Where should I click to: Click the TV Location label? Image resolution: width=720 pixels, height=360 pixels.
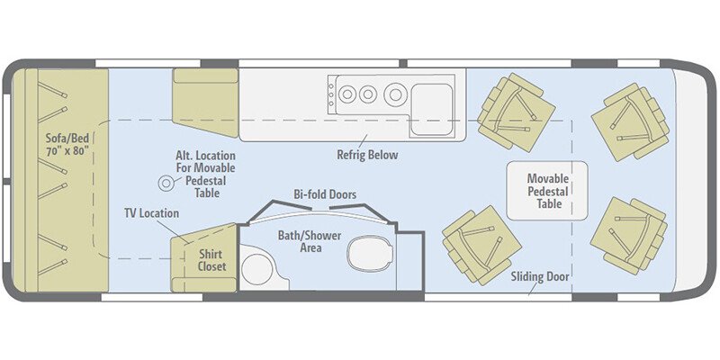[151, 213]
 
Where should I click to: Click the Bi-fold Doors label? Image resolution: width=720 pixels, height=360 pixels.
[324, 194]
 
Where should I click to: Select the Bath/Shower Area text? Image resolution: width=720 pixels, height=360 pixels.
[302, 240]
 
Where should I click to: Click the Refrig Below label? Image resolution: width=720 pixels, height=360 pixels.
[367, 154]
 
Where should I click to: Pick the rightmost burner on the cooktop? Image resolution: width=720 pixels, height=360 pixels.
[394, 94]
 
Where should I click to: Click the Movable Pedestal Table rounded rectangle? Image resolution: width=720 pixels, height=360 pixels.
[546, 191]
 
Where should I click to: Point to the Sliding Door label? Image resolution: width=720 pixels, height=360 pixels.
[540, 276]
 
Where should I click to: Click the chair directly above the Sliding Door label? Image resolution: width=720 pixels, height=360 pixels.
[481, 244]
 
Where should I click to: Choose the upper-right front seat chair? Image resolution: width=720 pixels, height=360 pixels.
[629, 121]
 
